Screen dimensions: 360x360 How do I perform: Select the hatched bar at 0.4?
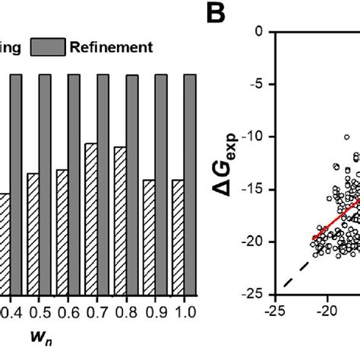(x=5, y=243)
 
